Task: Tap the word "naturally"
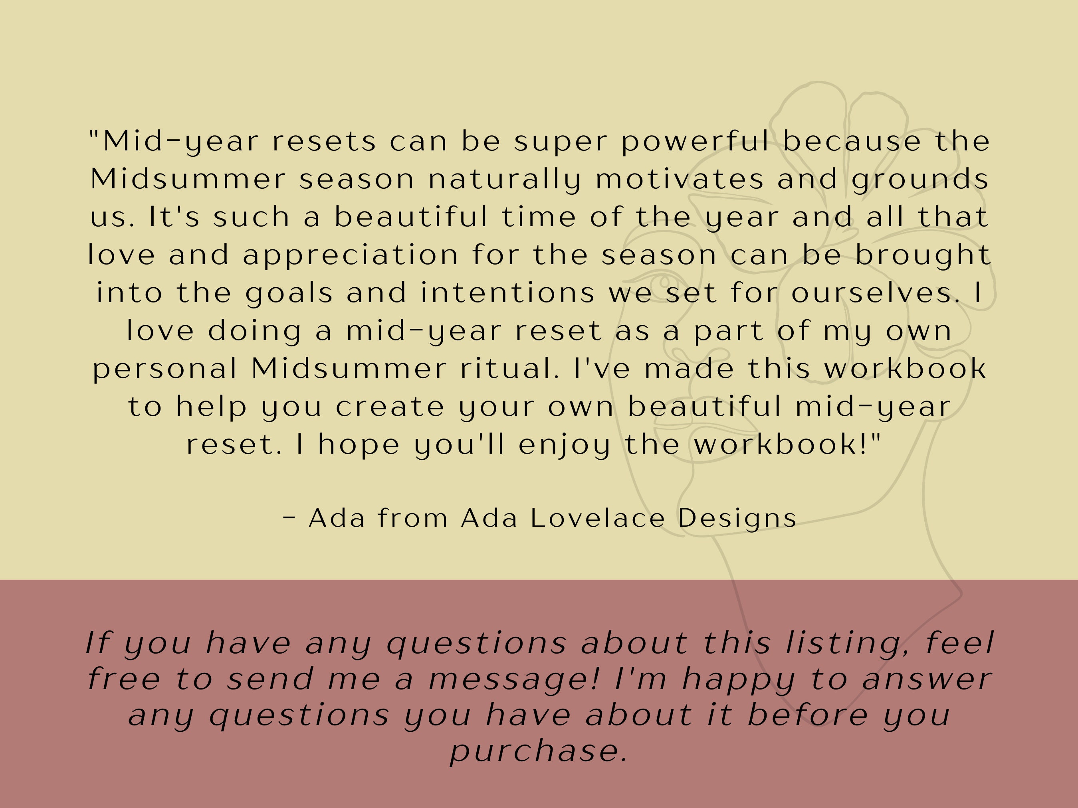[504, 180]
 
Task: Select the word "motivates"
[679, 179]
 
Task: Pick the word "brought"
[923, 256]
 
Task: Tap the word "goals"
[289, 294]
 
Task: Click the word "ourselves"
[875, 293]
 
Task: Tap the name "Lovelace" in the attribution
[597, 518]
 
